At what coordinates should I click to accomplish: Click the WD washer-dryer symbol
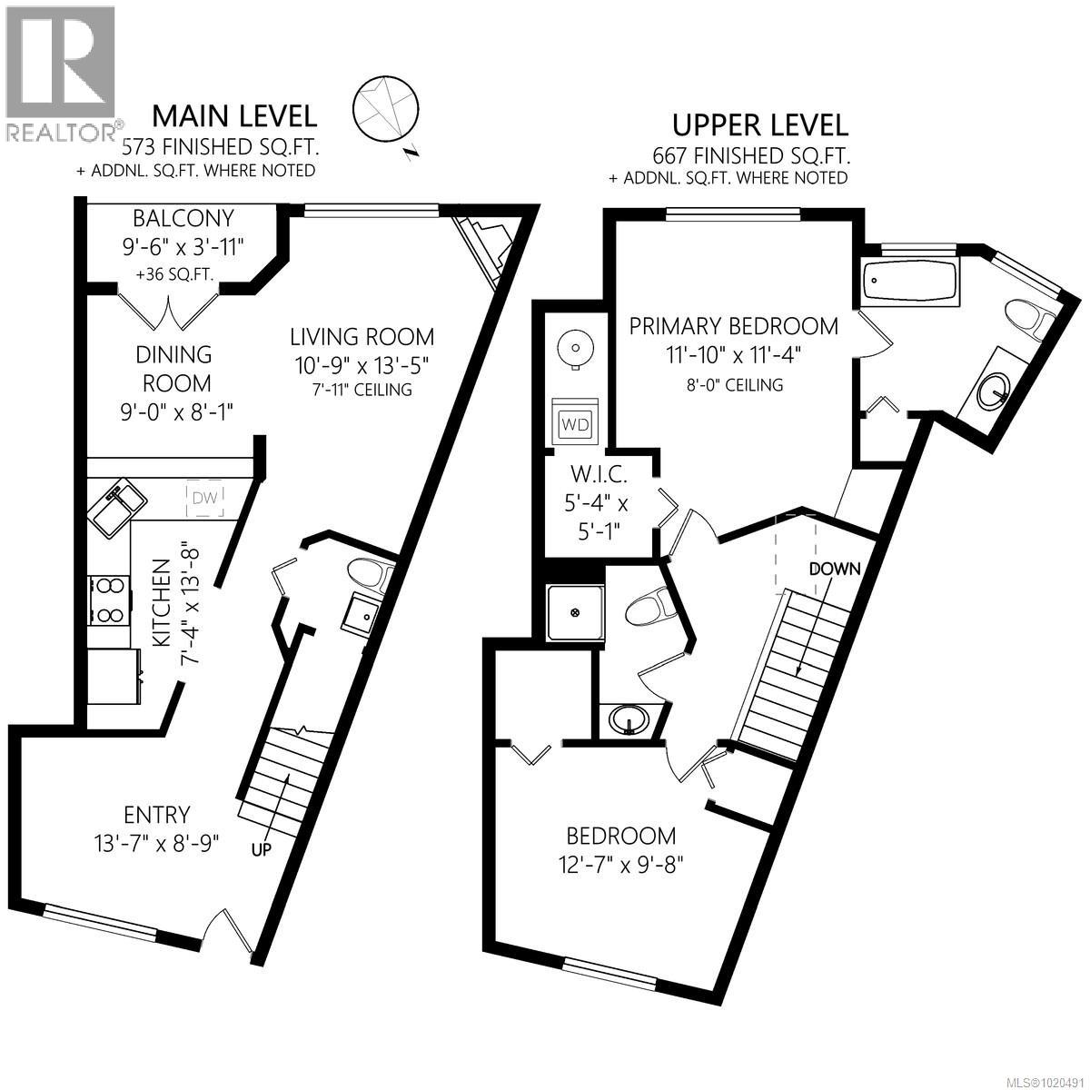point(574,423)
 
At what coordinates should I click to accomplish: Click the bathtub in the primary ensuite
point(909,281)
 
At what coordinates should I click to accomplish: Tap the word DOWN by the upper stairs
point(835,569)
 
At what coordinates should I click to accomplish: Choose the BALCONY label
point(183,218)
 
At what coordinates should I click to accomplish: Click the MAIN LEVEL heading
point(233,116)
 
